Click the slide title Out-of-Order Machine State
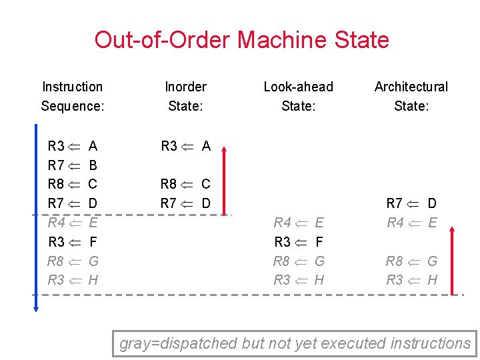[x=241, y=40]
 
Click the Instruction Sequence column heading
[x=72, y=96]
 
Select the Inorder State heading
[x=185, y=96]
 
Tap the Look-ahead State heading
[x=298, y=96]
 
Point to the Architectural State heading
[x=411, y=96]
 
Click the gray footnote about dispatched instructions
[x=295, y=343]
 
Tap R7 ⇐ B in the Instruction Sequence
[x=73, y=165]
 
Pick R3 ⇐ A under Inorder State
[x=185, y=146]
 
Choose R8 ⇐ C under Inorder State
[x=185, y=184]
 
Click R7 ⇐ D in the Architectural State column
[x=411, y=203]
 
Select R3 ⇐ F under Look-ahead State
[x=299, y=241]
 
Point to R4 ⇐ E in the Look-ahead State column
[x=299, y=223]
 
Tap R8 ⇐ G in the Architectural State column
[x=411, y=261]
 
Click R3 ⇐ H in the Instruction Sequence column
[x=73, y=280]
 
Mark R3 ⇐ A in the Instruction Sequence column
[x=73, y=146]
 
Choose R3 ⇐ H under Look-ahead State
[x=299, y=280]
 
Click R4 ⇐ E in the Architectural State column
[x=411, y=223]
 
